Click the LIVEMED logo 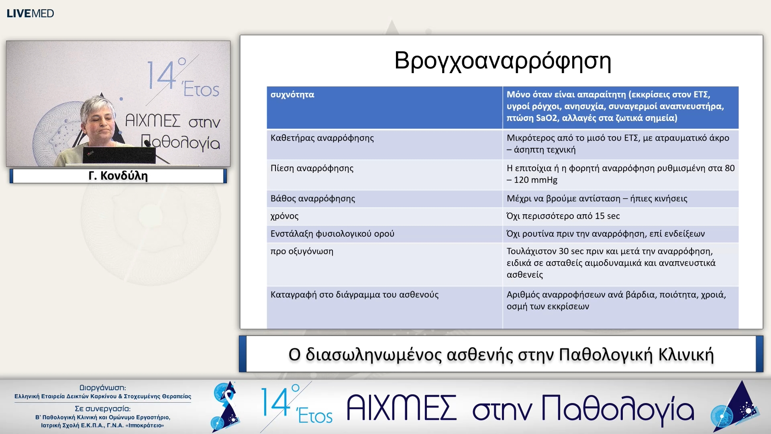30,13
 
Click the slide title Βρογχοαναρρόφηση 502,61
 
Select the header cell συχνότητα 292,95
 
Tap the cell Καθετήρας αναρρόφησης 322,138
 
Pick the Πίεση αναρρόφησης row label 312,168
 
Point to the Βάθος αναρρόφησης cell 313,199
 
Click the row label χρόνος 285,216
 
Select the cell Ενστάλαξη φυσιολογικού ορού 332,234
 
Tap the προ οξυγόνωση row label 302,252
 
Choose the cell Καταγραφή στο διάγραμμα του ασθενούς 355,295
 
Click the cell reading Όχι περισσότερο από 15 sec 563,216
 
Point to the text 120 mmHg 536,180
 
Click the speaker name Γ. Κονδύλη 118,176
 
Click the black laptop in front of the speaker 119,155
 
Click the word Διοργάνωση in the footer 103,388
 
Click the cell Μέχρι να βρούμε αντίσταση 597,199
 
